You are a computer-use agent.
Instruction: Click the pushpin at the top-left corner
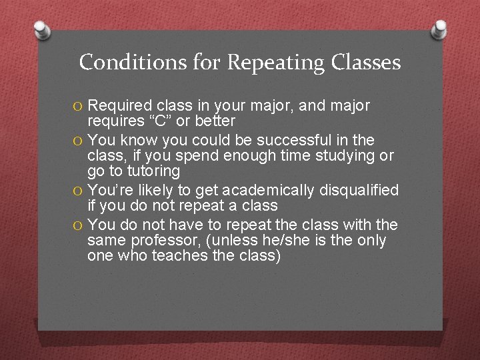[x=43, y=29]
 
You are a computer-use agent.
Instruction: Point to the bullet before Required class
[x=79, y=106]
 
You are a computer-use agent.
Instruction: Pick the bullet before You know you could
[x=79, y=141]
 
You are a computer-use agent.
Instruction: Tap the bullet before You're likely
[x=79, y=191]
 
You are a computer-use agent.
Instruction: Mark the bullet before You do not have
[x=79, y=225]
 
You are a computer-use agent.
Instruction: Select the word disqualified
[x=360, y=191]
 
